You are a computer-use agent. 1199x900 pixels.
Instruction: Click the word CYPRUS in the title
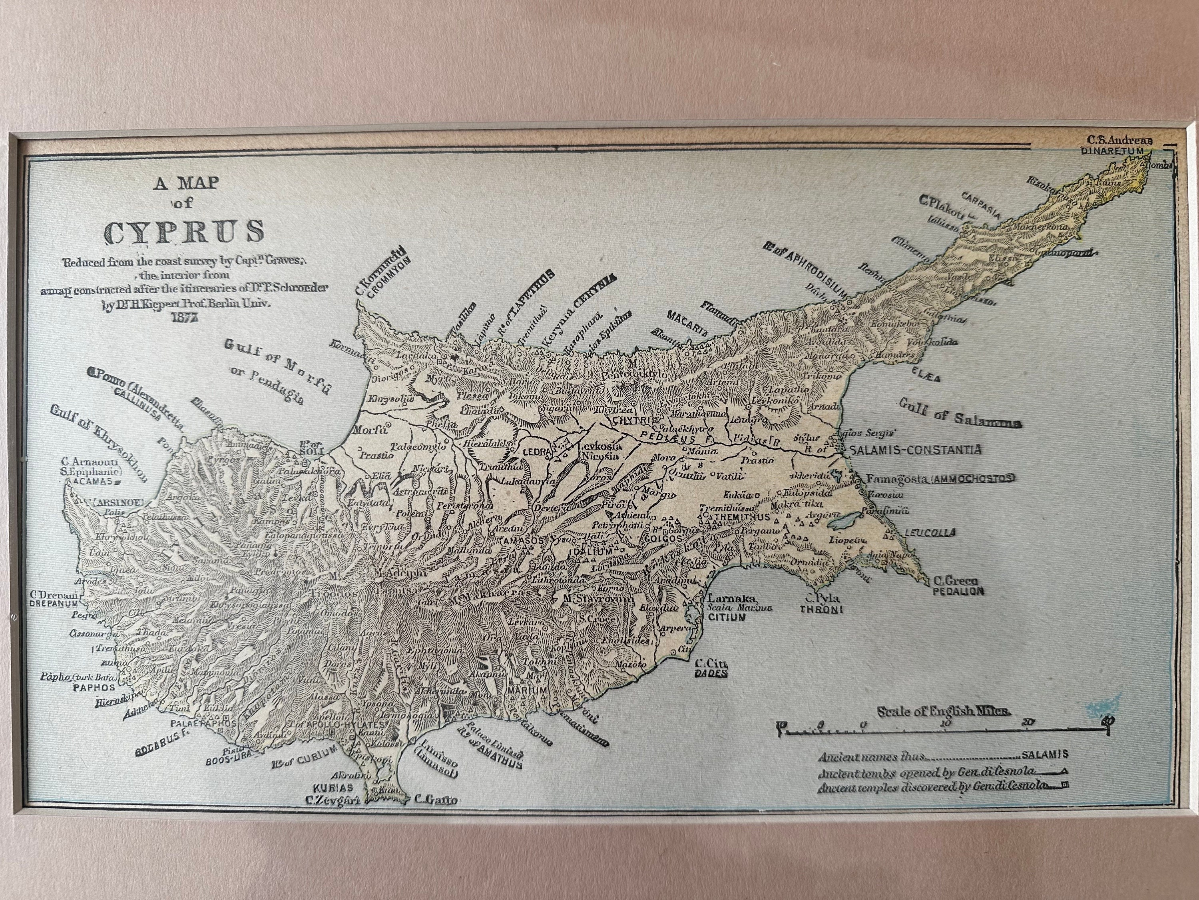tap(184, 232)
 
